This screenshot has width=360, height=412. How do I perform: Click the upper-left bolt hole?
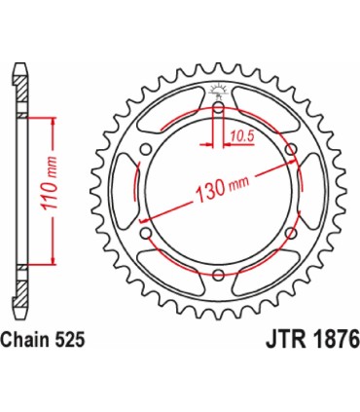point(147,148)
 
